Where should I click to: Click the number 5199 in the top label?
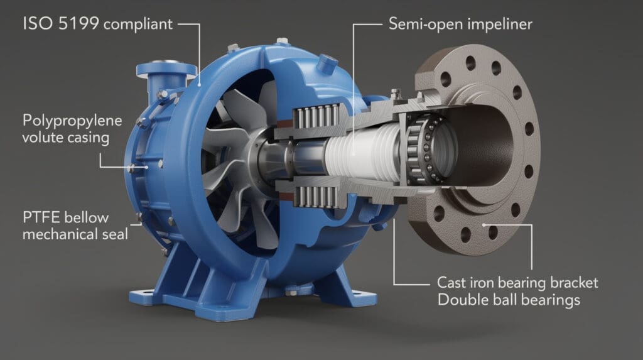pyautogui.click(x=78, y=23)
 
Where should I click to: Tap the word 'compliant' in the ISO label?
pyautogui.click(x=138, y=25)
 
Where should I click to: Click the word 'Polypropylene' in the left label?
pyautogui.click(x=72, y=121)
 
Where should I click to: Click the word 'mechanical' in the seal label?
pyautogui.click(x=58, y=234)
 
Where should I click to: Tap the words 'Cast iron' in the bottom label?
pyautogui.click(x=465, y=283)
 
